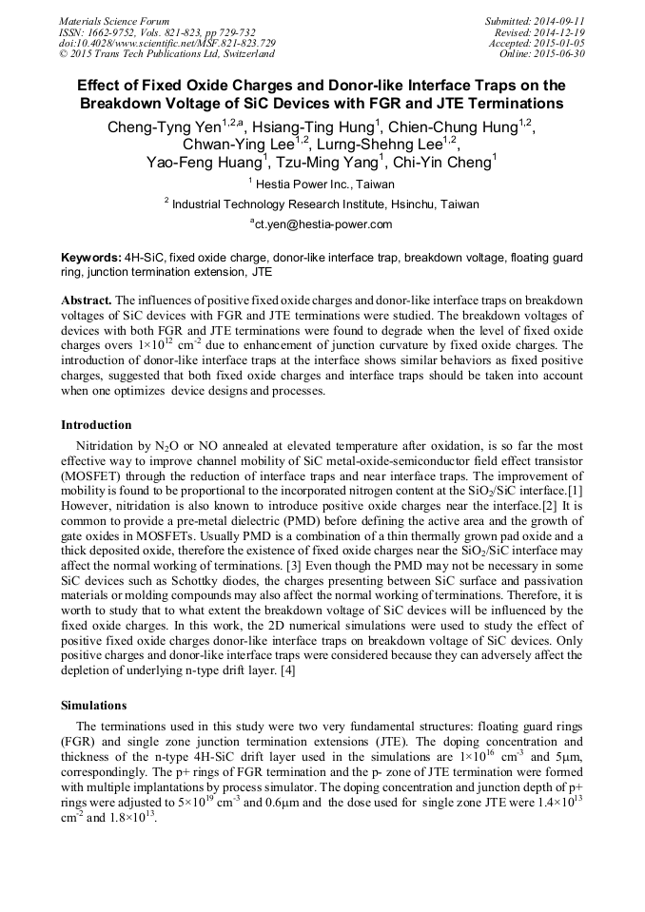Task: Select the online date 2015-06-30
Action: tap(557, 53)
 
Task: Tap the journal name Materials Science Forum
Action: tap(114, 21)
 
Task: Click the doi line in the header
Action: tap(167, 43)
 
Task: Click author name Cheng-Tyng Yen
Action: tap(165, 126)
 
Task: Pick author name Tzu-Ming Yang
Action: tap(328, 162)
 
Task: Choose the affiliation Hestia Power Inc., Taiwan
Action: tap(323, 184)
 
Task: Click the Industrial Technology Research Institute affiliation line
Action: tap(323, 204)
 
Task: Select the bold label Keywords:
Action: tap(90, 258)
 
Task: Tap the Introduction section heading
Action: tap(96, 424)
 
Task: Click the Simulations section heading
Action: tap(94, 706)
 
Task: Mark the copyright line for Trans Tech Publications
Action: tap(166, 54)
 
